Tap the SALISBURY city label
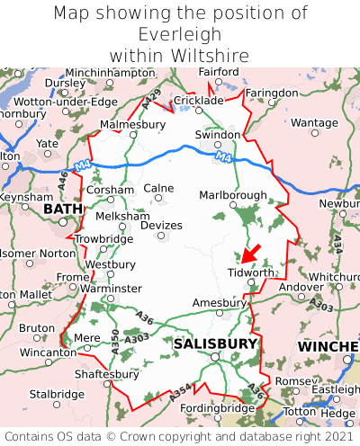(x=215, y=343)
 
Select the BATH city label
(x=62, y=210)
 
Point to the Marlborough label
(x=232, y=195)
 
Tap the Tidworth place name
(x=250, y=272)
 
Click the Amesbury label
(x=220, y=303)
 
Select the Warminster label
(x=112, y=288)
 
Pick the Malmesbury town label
(x=133, y=124)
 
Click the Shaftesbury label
(x=106, y=373)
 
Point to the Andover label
(x=300, y=287)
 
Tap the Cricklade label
(x=198, y=101)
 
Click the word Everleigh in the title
(x=180, y=34)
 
